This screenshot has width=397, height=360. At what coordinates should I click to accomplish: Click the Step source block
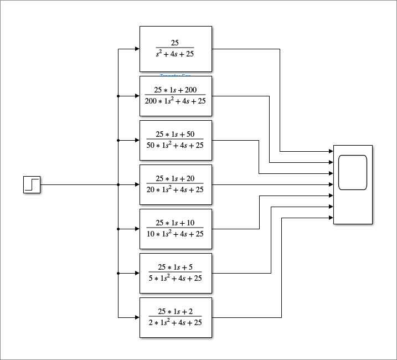click(32, 184)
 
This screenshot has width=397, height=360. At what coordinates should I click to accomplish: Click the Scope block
click(353, 184)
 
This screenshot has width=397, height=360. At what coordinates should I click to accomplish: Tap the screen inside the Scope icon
click(353, 172)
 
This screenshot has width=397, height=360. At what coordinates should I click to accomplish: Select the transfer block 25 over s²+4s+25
click(176, 49)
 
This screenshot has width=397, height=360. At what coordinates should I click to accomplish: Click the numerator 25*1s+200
click(176, 90)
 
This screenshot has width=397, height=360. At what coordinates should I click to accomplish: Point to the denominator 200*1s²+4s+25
click(176, 101)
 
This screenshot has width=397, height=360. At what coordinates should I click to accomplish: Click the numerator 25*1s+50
click(176, 134)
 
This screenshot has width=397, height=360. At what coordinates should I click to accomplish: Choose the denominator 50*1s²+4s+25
click(176, 145)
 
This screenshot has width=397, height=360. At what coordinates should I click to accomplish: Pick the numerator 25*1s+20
click(176, 178)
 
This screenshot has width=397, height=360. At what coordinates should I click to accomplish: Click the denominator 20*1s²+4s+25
click(176, 189)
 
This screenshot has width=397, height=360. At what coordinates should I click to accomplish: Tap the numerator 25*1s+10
click(176, 223)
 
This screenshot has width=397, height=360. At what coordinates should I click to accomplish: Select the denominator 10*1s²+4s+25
click(176, 234)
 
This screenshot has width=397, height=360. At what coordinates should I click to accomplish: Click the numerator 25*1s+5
click(176, 267)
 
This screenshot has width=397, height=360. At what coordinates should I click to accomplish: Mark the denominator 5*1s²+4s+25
click(176, 278)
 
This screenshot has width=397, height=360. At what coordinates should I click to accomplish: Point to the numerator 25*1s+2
click(176, 311)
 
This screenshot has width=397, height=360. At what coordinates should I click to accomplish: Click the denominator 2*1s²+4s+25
click(176, 322)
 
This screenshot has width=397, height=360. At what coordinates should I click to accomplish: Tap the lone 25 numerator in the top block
click(175, 43)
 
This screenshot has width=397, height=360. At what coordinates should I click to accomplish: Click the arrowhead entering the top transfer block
click(137, 49)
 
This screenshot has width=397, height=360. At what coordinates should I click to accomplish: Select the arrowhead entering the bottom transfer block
click(137, 317)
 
